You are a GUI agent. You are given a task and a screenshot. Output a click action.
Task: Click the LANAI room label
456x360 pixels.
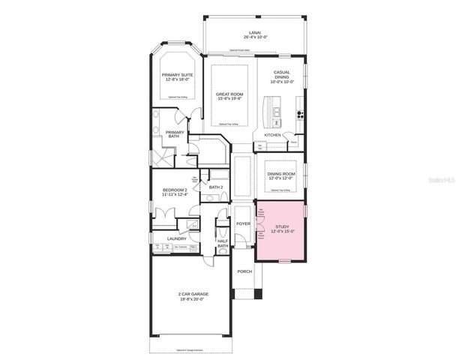[255, 32]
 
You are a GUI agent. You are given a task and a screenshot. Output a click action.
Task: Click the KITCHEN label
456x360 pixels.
[272, 135]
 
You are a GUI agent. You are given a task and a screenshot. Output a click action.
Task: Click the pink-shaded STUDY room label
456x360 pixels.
[282, 226]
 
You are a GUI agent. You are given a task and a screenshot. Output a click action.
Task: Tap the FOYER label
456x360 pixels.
[243, 223]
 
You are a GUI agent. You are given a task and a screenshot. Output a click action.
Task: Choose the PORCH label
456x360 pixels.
[244, 271]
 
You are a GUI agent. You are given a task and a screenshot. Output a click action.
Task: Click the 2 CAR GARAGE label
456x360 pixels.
[193, 294]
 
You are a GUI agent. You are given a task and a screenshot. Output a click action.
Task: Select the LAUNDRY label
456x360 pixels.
[166, 239]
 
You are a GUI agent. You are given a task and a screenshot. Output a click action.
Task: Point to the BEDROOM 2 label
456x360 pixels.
[174, 190]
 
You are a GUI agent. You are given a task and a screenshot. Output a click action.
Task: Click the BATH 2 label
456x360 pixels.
[216, 187]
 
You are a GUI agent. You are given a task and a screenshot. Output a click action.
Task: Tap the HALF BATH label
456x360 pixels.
[223, 243]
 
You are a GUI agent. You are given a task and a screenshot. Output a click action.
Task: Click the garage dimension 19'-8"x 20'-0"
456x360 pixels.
[193, 299]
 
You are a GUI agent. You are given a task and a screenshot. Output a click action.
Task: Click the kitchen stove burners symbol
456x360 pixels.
[301, 115]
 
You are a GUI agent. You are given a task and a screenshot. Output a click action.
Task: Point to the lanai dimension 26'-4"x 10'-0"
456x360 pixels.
[255, 37]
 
